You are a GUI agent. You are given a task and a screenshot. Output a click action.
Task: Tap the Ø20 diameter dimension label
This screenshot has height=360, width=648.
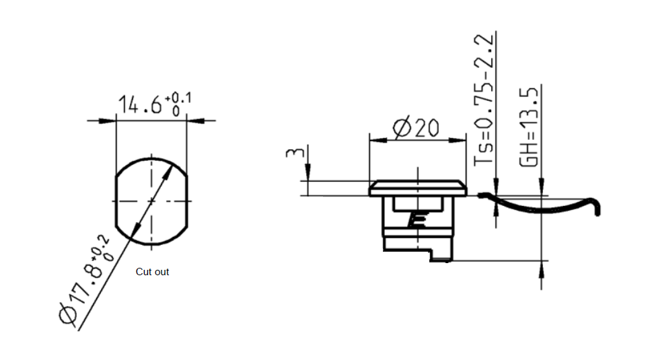[417, 127]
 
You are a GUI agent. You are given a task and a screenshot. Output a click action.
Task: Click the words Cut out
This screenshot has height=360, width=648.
[152, 272]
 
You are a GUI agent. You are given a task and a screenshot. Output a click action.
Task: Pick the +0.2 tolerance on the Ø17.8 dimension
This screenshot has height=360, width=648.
[103, 248]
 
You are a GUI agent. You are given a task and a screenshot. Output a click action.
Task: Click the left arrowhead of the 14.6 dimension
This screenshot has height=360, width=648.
[108, 121]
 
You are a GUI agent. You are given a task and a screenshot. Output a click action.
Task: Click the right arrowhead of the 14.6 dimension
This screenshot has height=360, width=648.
[196, 121]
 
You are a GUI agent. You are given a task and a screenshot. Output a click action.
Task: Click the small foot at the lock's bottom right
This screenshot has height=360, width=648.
[441, 256]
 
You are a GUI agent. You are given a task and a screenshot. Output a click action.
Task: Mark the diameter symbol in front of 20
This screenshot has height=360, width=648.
[401, 128]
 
